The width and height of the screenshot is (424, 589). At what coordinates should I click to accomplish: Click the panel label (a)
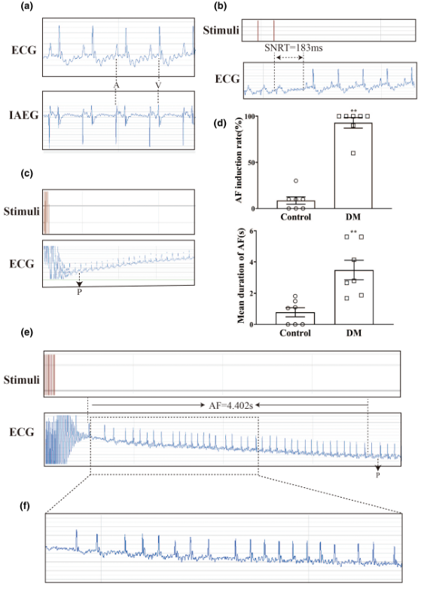pyautogui.click(x=26, y=6)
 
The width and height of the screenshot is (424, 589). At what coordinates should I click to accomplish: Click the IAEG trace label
pyautogui.click(x=23, y=115)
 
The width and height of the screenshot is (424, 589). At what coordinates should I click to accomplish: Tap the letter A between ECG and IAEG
pyautogui.click(x=116, y=86)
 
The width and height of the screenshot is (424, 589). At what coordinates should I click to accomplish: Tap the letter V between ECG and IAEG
pyautogui.click(x=158, y=86)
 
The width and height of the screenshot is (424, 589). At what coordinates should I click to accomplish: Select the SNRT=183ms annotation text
pyautogui.click(x=294, y=48)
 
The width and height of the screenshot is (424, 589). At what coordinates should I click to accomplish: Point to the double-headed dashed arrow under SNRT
pyautogui.click(x=289, y=58)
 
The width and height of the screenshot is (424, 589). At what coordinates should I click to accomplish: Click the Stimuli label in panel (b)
pyautogui.click(x=221, y=30)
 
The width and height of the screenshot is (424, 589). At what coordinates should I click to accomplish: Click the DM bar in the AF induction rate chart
pyautogui.click(x=353, y=166)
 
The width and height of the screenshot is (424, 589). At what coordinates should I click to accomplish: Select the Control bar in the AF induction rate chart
pyautogui.click(x=296, y=204)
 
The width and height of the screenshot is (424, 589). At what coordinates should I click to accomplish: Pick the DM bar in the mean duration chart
pyautogui.click(x=354, y=297)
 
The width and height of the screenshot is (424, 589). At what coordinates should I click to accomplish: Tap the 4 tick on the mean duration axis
pyautogui.click(x=251, y=262)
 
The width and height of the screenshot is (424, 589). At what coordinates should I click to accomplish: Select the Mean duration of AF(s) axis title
pyautogui.click(x=240, y=277)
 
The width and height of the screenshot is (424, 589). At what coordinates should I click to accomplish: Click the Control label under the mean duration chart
pyautogui.click(x=295, y=333)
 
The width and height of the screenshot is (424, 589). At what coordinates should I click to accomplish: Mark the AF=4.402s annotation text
pyautogui.click(x=230, y=405)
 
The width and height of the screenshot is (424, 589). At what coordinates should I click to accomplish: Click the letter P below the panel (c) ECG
pyautogui.click(x=79, y=292)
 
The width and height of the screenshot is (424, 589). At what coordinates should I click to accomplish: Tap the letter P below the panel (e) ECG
pyautogui.click(x=378, y=475)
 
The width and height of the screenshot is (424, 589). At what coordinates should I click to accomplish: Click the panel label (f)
pyautogui.click(x=25, y=506)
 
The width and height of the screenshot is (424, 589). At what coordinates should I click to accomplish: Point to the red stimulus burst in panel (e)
pyautogui.click(x=50, y=375)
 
